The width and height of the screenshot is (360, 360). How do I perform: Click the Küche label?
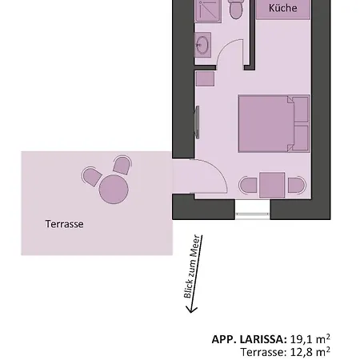(x=282, y=9)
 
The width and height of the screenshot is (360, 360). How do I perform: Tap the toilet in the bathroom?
(x=235, y=10)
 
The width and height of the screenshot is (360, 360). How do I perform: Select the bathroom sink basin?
(x=204, y=45)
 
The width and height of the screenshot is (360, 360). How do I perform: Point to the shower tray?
(x=207, y=10)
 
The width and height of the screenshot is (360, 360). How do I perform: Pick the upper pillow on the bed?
(x=301, y=108)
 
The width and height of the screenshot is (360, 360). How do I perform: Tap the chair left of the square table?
(x=248, y=186)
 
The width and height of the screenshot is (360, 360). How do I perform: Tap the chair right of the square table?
(x=297, y=186)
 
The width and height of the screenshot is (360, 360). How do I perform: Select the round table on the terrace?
(x=113, y=190)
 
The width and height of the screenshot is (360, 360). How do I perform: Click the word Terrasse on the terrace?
(x=64, y=224)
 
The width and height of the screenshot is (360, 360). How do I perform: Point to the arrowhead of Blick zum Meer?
(x=189, y=306)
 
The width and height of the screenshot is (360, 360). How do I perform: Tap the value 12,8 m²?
(x=310, y=351)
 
